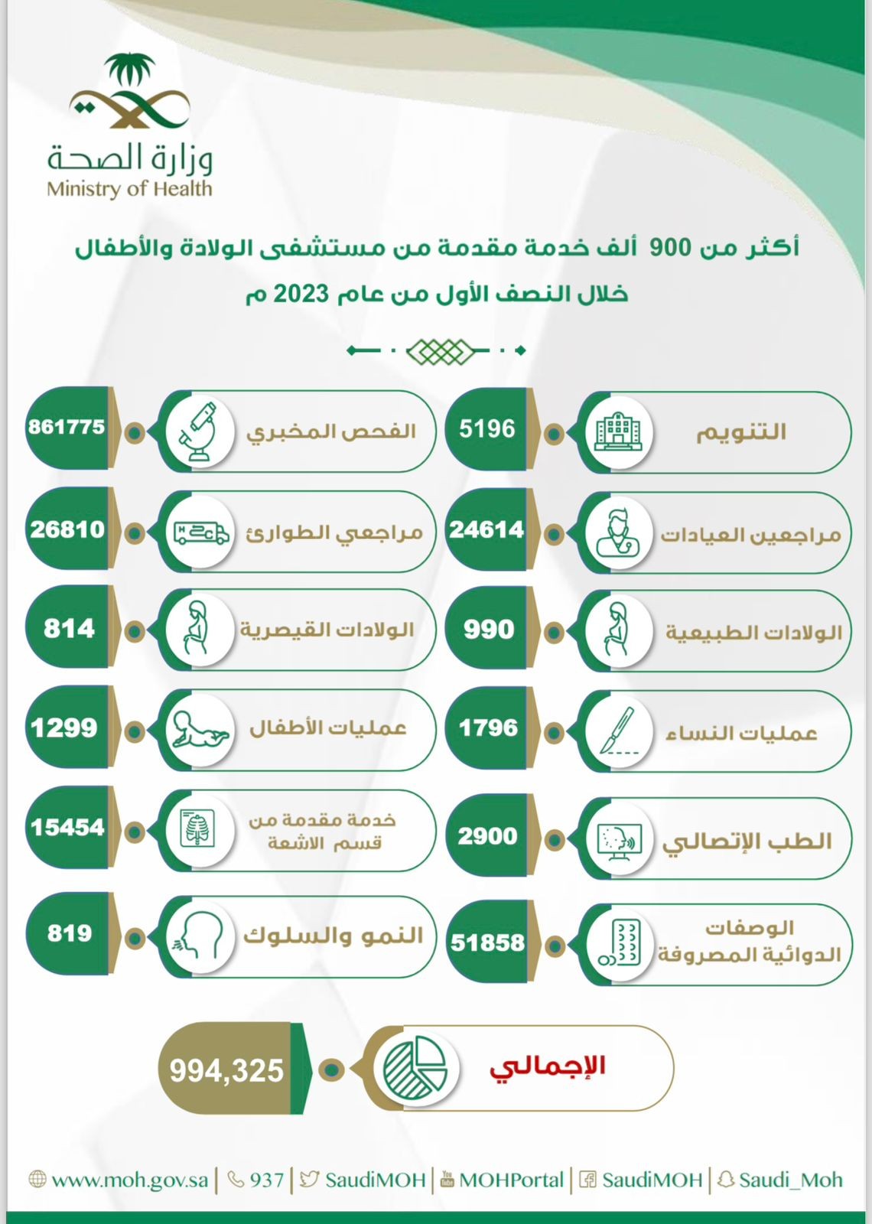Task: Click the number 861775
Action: pos(67,427)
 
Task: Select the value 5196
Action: pos(487,428)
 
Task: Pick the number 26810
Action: pos(67,529)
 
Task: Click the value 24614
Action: pos(486,529)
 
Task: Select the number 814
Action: pos(69,629)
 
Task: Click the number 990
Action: pos(488,630)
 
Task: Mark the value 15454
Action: pos(67,827)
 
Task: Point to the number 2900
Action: pos(487,836)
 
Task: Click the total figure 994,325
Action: pos(226,1070)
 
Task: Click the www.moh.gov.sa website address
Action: pos(129,1180)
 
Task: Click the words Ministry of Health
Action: pos(129,188)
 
